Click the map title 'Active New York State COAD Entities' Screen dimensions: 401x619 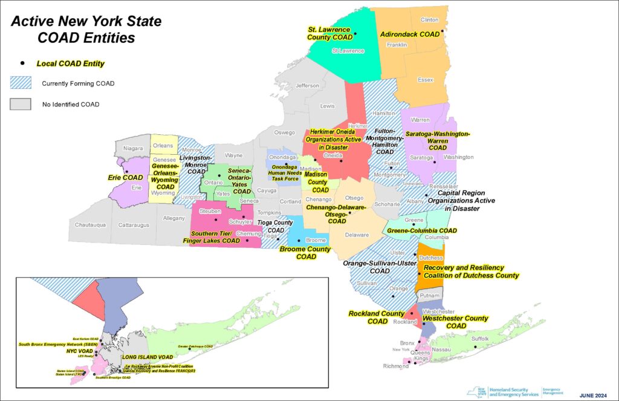[x=87, y=29]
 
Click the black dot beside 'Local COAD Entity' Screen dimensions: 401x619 [x=22, y=63]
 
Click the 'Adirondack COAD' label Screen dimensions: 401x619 [x=410, y=34]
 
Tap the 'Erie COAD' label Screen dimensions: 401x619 [x=124, y=178]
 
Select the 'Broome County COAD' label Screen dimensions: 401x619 [x=305, y=253]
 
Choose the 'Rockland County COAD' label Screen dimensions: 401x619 [x=376, y=317]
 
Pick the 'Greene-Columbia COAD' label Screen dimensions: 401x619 [x=430, y=230]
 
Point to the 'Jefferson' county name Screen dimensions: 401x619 [x=307, y=86]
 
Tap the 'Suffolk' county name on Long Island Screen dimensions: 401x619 [x=481, y=339]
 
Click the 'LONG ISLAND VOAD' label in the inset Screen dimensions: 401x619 [x=147, y=357]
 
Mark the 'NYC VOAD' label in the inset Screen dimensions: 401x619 [x=79, y=351]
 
